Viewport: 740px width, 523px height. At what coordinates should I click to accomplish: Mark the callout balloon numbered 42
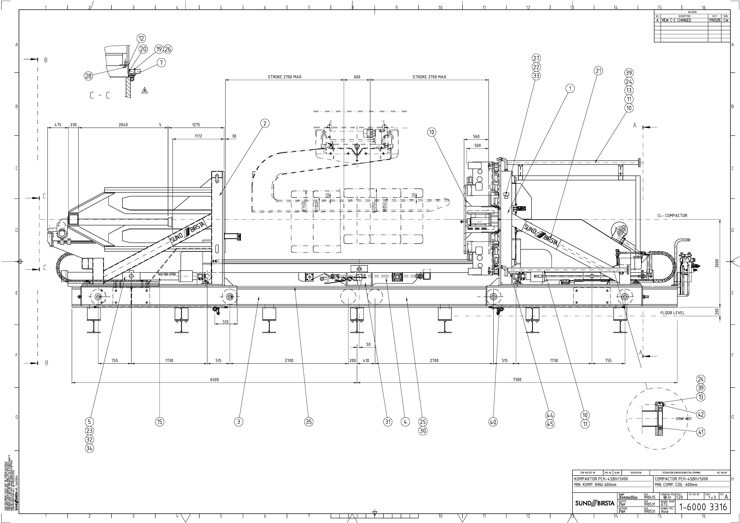coord(701,414)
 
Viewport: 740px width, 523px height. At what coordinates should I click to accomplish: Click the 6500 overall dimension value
coord(214,380)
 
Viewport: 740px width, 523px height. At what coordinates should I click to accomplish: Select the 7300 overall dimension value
coord(517,380)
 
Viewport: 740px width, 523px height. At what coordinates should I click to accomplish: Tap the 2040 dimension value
coord(123,125)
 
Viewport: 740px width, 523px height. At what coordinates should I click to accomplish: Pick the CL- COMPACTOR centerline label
coord(672,215)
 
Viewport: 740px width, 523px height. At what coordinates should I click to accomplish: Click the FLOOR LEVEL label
coord(672,313)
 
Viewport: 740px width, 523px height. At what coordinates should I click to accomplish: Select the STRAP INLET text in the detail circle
coord(684,419)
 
